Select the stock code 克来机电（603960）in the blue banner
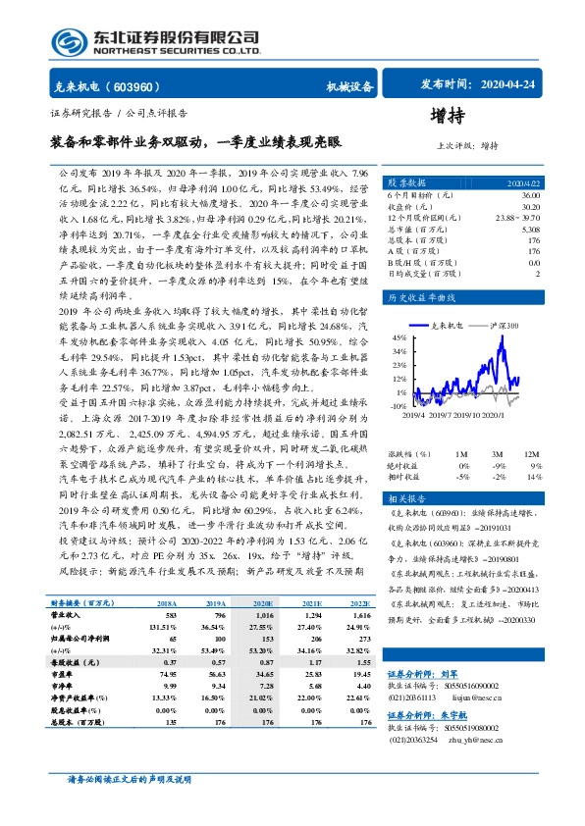point(111,86)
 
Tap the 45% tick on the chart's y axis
point(401,336)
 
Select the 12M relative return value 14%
point(533,476)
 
